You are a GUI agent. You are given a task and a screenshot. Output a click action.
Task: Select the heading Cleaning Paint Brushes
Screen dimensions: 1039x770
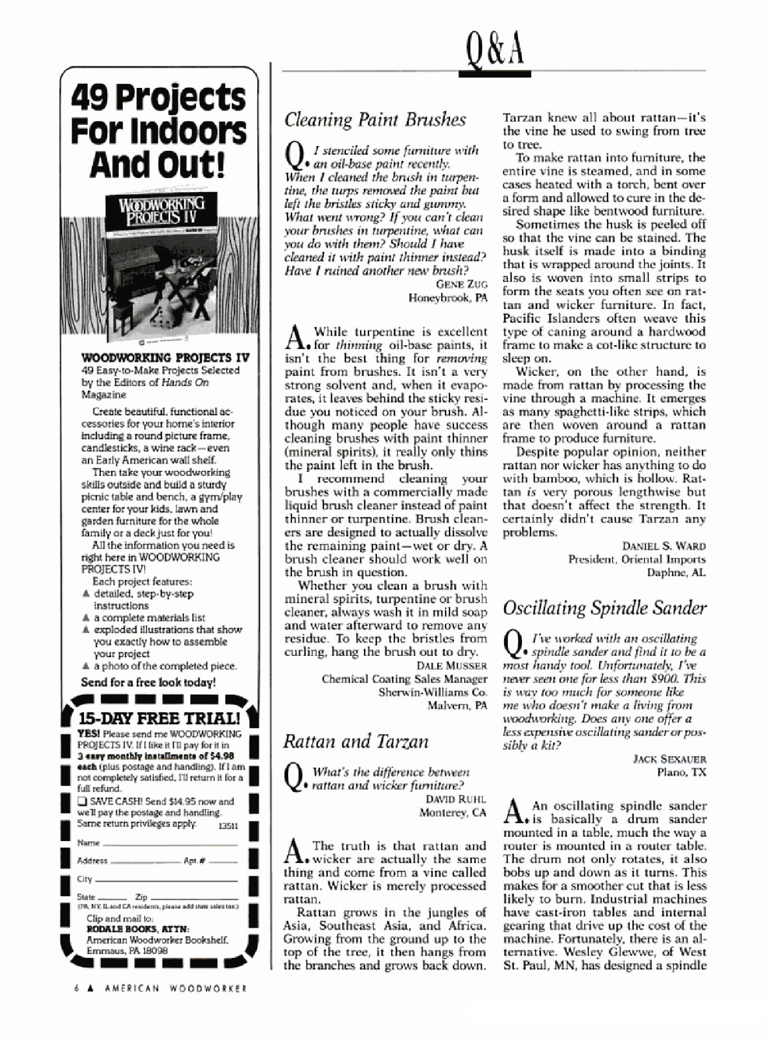[375, 120]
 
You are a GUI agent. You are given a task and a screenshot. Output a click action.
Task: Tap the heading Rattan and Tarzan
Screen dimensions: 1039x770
[356, 741]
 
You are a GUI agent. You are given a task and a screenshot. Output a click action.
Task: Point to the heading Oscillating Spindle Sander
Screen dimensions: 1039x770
[605, 608]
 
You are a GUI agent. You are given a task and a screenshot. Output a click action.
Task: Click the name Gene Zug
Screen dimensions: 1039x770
[461, 284]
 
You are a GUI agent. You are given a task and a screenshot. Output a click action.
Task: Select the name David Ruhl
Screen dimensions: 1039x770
[455, 799]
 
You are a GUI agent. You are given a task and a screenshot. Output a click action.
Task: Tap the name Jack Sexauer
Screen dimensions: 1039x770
[669, 759]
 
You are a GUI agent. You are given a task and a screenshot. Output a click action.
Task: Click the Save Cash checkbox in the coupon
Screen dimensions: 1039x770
[82, 802]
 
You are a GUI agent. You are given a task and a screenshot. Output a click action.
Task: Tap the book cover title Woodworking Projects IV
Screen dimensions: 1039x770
[161, 211]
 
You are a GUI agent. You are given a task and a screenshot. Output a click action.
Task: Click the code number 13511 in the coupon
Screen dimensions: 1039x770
[229, 826]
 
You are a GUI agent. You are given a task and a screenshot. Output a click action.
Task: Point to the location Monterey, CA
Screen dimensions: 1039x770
[452, 812]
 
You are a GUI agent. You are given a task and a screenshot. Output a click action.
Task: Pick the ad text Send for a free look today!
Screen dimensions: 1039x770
[148, 683]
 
